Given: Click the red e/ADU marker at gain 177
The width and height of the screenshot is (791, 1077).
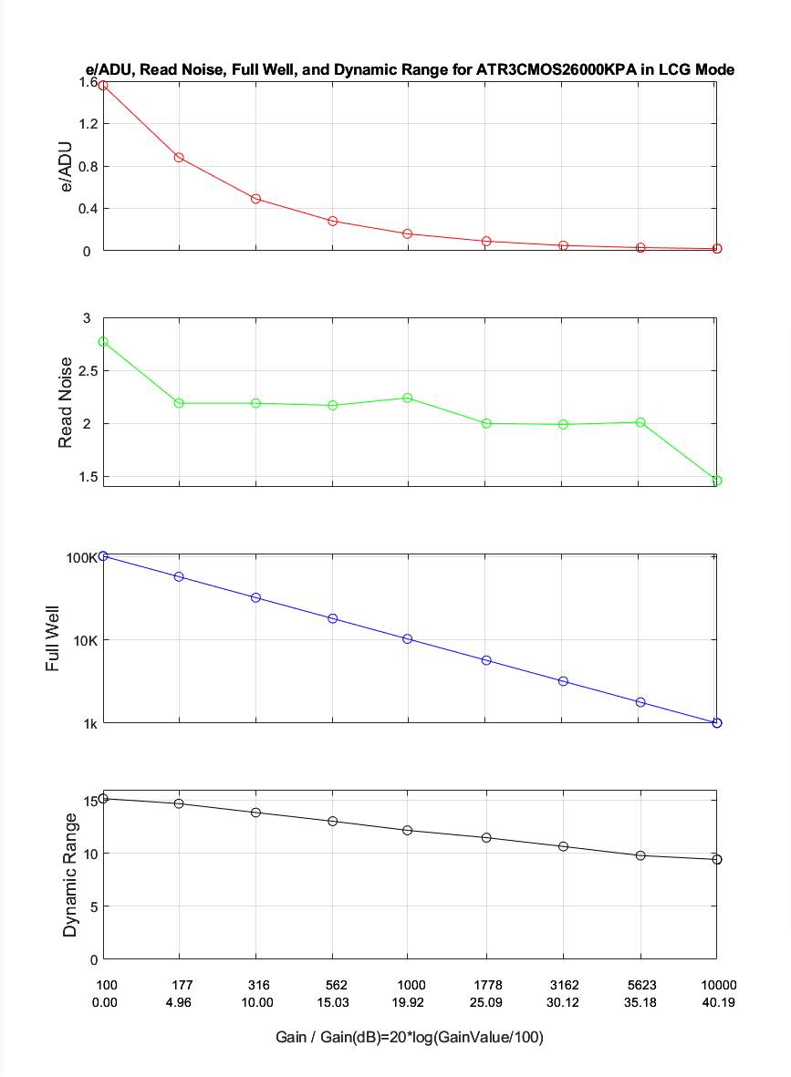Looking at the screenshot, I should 179,158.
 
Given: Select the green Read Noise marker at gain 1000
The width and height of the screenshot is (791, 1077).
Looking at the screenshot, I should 408,398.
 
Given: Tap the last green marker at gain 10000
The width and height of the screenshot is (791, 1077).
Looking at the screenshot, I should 717,481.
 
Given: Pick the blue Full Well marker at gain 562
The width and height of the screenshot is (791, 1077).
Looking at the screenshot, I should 333,618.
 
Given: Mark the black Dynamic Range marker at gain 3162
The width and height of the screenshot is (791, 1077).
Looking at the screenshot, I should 564,846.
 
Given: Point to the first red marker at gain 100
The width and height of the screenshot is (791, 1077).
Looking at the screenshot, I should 103,86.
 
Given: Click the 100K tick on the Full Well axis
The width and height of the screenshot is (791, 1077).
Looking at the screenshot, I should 83,558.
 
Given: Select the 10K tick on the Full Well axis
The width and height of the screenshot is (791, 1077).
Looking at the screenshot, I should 86,640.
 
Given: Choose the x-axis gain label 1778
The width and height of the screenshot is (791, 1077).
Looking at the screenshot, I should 487,985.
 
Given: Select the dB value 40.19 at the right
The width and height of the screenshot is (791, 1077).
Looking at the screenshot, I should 717,1003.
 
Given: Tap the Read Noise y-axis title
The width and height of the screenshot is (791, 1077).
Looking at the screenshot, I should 66,402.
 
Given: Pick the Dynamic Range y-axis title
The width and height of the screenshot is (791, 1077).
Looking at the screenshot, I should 70,875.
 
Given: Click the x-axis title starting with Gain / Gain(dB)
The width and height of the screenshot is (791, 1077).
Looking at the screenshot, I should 410,1038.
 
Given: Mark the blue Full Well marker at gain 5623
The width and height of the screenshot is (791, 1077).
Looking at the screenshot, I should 640,702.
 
